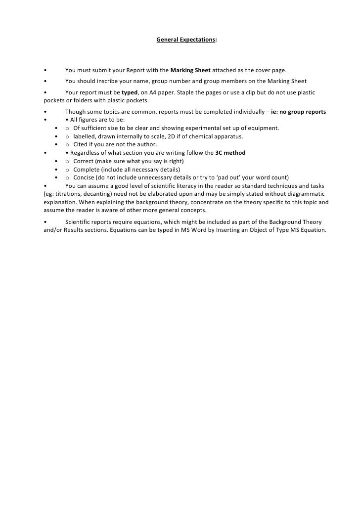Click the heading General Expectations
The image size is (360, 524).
coord(186,39)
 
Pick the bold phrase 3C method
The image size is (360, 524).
coord(230,153)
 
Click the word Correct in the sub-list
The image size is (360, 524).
coord(83,161)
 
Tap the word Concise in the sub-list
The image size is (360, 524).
coord(84,177)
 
